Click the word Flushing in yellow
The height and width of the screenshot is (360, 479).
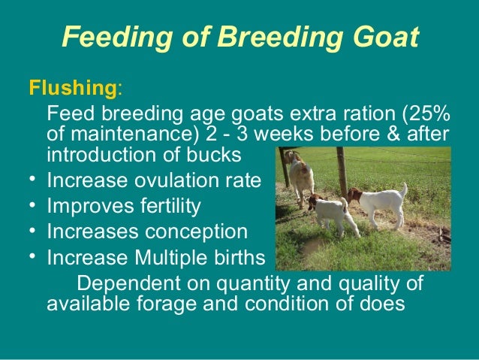pos(73,89)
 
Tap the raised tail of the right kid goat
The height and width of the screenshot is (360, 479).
pos(404,189)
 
